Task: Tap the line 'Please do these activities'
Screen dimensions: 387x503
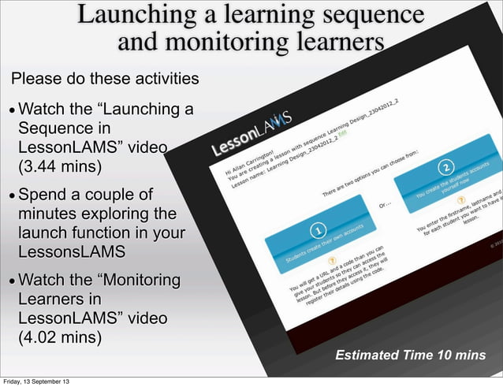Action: pyautogui.click(x=103, y=79)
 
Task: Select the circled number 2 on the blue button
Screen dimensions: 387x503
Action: pyautogui.click(x=446, y=169)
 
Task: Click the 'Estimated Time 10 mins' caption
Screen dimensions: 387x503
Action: pyautogui.click(x=410, y=355)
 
